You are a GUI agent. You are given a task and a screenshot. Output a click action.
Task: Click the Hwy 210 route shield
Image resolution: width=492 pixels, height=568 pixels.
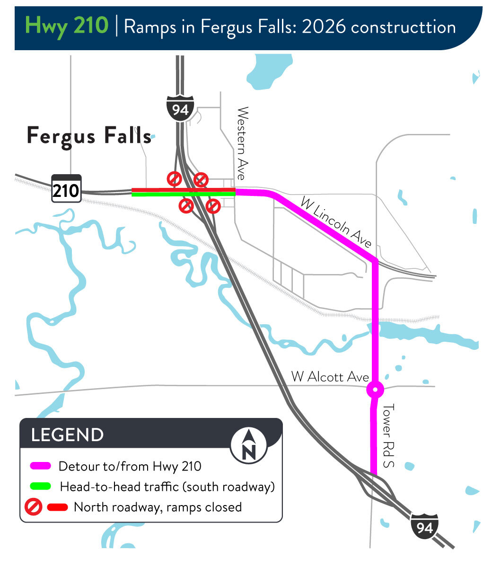click(x=66, y=190)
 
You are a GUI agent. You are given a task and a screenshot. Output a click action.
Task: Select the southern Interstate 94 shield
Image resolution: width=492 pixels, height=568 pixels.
click(x=424, y=526)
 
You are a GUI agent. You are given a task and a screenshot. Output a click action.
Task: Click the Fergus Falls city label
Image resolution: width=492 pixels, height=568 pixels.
click(x=89, y=136)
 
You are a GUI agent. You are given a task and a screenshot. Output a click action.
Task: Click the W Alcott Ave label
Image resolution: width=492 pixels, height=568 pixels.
click(x=330, y=377)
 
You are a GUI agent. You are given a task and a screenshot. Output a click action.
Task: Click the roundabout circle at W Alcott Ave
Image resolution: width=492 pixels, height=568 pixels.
click(x=375, y=390)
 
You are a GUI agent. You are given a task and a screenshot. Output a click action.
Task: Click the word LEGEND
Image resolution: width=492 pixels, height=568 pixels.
click(x=67, y=435)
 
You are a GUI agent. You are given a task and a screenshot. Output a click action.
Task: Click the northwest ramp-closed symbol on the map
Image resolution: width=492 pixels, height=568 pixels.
click(x=175, y=179)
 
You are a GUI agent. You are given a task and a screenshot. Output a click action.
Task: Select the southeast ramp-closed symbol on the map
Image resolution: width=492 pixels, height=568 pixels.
click(x=213, y=206)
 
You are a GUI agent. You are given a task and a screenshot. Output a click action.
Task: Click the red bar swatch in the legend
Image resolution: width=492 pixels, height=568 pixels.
click(x=58, y=507)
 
